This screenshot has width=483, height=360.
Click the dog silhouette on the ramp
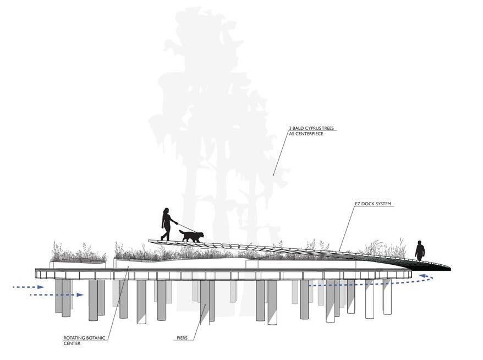(x=191, y=236)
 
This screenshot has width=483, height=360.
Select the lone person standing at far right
(x=420, y=251)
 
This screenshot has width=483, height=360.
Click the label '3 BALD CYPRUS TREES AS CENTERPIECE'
(x=311, y=131)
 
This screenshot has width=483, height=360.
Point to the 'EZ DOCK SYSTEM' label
(x=374, y=204)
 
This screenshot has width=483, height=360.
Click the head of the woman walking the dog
(x=166, y=210)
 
